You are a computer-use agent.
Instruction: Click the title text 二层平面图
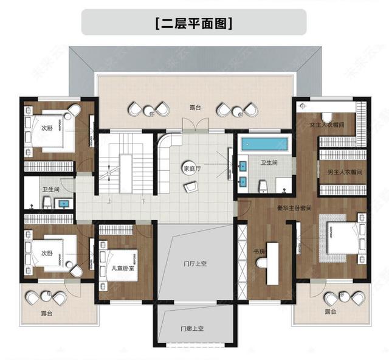pos(194,24)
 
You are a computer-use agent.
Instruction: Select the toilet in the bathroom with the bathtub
pos(263,184)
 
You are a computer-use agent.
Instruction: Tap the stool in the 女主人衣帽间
pos(327,116)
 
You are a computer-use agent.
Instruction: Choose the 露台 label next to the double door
pos(194,107)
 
